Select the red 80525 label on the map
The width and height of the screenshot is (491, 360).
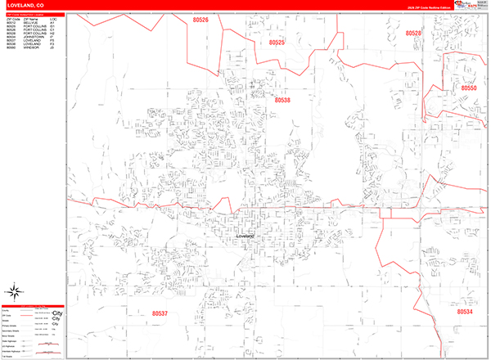click(277, 42)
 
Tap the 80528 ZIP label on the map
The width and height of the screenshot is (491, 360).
click(413, 34)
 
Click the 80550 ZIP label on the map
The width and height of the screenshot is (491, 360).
click(468, 88)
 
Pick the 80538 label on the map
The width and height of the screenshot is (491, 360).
click(282, 100)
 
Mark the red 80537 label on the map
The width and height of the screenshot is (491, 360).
click(160, 313)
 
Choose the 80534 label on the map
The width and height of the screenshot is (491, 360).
click(465, 312)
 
